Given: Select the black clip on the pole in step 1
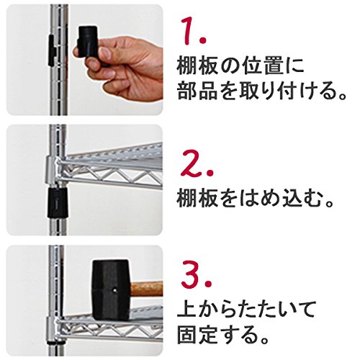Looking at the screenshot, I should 52,50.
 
